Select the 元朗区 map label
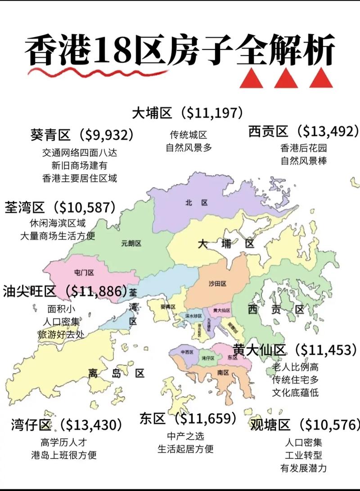pyautogui.click(x=131, y=243)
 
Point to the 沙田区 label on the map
pyautogui.click(x=217, y=284)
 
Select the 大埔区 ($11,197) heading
pyautogui.click(x=188, y=113)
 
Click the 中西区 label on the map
pyautogui.click(x=186, y=352)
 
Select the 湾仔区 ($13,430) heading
pyautogui.click(x=66, y=424)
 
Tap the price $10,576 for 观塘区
pyautogui.click(x=331, y=424)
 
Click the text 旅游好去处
pyautogui.click(x=61, y=334)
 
